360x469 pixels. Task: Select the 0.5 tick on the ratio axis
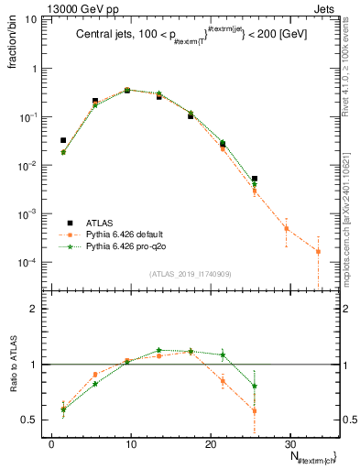click(34, 420)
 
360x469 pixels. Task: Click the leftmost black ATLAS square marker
click(62, 140)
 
